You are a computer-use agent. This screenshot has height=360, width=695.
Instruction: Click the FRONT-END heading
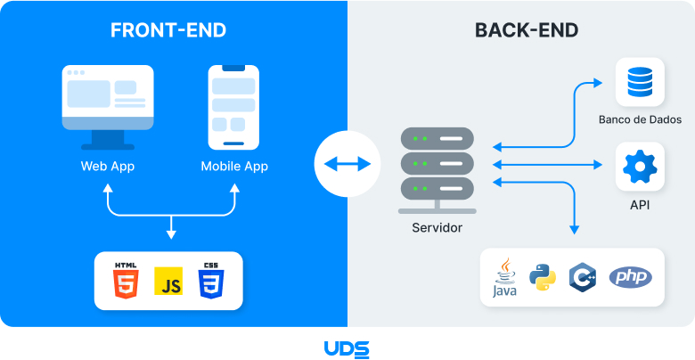click(x=168, y=30)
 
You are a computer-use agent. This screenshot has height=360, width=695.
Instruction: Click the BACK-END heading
click(x=527, y=30)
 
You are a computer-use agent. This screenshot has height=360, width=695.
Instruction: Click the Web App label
click(x=108, y=167)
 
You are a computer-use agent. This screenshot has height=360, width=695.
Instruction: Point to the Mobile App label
click(x=234, y=167)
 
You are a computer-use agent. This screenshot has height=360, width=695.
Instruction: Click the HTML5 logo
click(x=125, y=281)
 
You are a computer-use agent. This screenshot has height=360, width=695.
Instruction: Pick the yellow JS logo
click(x=168, y=282)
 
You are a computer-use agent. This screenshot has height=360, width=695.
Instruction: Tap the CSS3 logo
click(x=211, y=281)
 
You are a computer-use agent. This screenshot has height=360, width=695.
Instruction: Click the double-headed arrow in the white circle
click(x=347, y=164)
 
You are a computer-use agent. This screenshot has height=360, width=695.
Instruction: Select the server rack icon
click(x=437, y=169)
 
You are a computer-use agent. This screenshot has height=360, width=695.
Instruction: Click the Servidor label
click(x=437, y=228)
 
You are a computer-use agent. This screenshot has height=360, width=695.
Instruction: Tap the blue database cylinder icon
click(x=640, y=82)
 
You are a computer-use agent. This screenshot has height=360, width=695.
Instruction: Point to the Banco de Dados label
click(x=640, y=119)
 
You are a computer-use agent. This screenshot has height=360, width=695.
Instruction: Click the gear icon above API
click(x=640, y=167)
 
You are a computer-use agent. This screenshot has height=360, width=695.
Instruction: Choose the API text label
click(x=640, y=205)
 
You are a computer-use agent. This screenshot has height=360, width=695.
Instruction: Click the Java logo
click(x=504, y=278)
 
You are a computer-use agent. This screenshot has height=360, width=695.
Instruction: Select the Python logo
click(x=543, y=278)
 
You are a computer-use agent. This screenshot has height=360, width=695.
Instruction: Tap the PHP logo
click(x=630, y=277)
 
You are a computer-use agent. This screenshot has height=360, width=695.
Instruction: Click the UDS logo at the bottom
click(x=347, y=348)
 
